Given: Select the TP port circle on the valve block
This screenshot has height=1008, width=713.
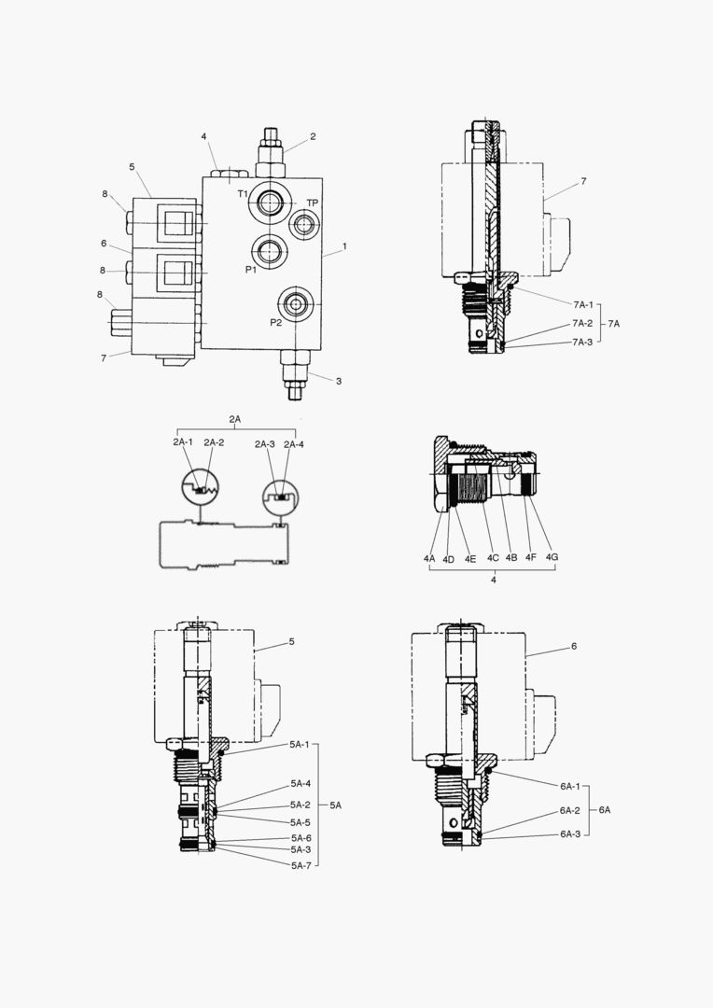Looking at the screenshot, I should click(x=305, y=224).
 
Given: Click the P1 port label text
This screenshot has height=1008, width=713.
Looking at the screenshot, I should click(x=251, y=269).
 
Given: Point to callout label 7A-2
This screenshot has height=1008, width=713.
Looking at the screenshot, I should click(x=582, y=323).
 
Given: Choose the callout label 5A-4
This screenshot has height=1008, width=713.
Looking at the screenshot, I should click(x=300, y=783).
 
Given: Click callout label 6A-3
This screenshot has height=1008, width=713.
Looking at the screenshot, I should click(x=570, y=833).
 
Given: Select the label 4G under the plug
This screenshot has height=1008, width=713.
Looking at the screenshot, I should click(x=552, y=558).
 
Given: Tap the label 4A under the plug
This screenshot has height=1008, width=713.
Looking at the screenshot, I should click(x=429, y=558).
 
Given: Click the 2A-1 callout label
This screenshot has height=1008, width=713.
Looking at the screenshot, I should click(x=183, y=442).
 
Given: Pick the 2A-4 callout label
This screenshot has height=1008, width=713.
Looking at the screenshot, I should click(x=294, y=443).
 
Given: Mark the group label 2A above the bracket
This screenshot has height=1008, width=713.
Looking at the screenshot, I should click(x=235, y=420).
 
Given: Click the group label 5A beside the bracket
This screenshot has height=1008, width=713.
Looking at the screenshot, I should click(x=336, y=805).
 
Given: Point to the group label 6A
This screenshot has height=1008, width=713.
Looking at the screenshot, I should click(x=604, y=809).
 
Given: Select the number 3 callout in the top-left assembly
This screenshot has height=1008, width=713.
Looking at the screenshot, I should click(x=339, y=380).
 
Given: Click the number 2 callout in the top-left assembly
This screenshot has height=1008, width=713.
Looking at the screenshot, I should click(x=313, y=136).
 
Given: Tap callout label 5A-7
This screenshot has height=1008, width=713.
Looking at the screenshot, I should click(x=300, y=865).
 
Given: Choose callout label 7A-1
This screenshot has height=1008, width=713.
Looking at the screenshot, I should click(x=582, y=303).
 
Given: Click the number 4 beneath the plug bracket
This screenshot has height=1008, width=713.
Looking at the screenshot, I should click(x=493, y=580).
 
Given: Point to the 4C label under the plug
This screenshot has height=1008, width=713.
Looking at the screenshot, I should click(x=492, y=558).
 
